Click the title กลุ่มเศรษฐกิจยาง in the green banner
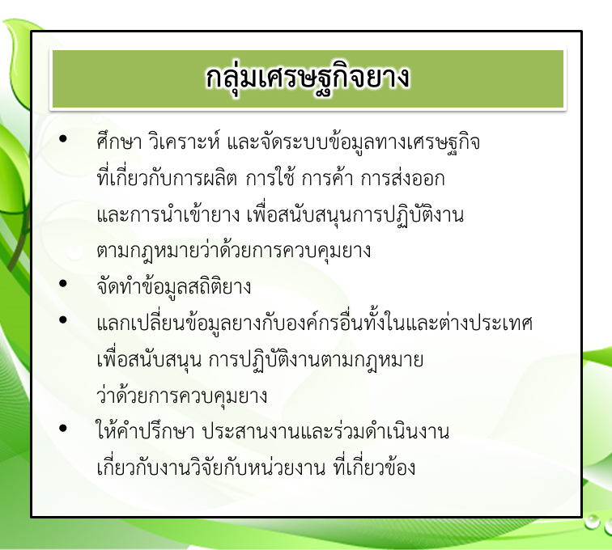pyautogui.click(x=308, y=77)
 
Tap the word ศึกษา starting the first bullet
pyautogui.click(x=119, y=142)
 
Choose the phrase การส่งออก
pyautogui.click(x=402, y=178)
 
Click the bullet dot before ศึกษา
pyautogui.click(x=63, y=139)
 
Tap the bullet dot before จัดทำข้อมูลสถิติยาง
pyautogui.click(x=63, y=284)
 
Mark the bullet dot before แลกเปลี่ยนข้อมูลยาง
pyautogui.click(x=63, y=319)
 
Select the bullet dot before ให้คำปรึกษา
pyautogui.click(x=63, y=429)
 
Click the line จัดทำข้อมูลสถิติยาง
pyautogui.click(x=174, y=286)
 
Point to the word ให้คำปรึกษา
pyautogui.click(x=145, y=431)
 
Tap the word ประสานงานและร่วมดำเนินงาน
pyautogui.click(x=326, y=431)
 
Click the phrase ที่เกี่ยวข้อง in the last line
pyautogui.click(x=374, y=467)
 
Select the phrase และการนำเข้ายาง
pyautogui.click(x=168, y=214)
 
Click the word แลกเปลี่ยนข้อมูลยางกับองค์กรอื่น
pyautogui.click(x=230, y=323)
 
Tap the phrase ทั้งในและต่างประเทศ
pyautogui.click(x=448, y=322)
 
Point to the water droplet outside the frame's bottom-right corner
pyautogui.click(x=592, y=522)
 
